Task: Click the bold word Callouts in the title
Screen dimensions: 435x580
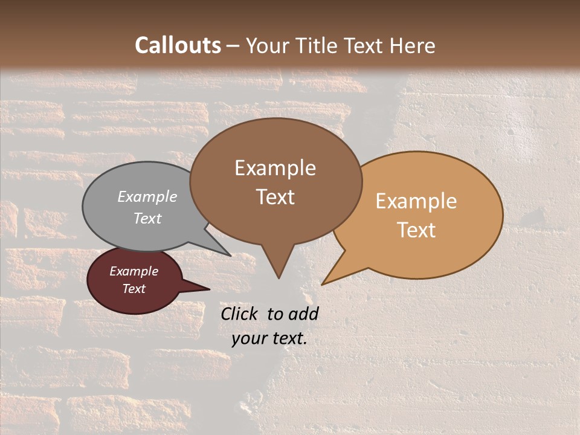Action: (x=178, y=45)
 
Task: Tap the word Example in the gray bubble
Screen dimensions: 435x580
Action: (x=147, y=196)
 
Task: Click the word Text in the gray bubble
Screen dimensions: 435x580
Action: (x=147, y=218)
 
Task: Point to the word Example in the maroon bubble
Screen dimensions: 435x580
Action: (x=134, y=271)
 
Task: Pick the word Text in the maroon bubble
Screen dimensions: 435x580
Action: (x=134, y=289)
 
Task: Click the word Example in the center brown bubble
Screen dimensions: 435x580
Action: (x=275, y=168)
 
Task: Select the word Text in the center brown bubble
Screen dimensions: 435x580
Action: (x=275, y=197)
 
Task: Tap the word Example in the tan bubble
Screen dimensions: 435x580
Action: (x=416, y=201)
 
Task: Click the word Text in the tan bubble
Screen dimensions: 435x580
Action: (x=416, y=230)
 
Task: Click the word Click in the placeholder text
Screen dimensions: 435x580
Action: (x=240, y=314)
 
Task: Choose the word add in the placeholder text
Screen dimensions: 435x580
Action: (x=303, y=314)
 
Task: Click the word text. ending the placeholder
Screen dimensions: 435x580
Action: (x=289, y=338)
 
